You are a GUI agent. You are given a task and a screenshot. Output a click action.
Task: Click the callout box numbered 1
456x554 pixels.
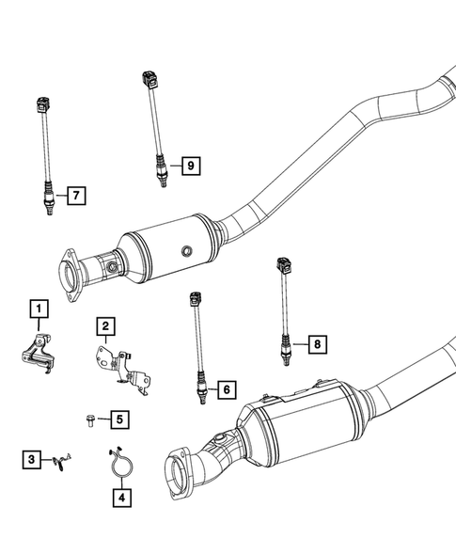(38, 308)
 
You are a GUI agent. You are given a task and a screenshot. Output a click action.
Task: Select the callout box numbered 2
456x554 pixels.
(106, 326)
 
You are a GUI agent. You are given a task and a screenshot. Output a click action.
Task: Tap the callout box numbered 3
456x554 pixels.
(32, 459)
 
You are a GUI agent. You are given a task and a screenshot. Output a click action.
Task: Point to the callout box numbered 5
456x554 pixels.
(119, 419)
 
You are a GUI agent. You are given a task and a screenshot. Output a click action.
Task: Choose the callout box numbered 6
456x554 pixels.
(225, 388)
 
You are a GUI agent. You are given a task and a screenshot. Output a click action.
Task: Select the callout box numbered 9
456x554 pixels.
(190, 166)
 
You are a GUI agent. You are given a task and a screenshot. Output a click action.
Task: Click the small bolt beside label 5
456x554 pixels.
(86, 419)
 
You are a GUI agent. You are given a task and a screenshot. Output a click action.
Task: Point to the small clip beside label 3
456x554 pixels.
(62, 459)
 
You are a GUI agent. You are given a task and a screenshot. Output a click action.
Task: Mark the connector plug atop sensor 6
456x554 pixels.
(197, 300)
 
